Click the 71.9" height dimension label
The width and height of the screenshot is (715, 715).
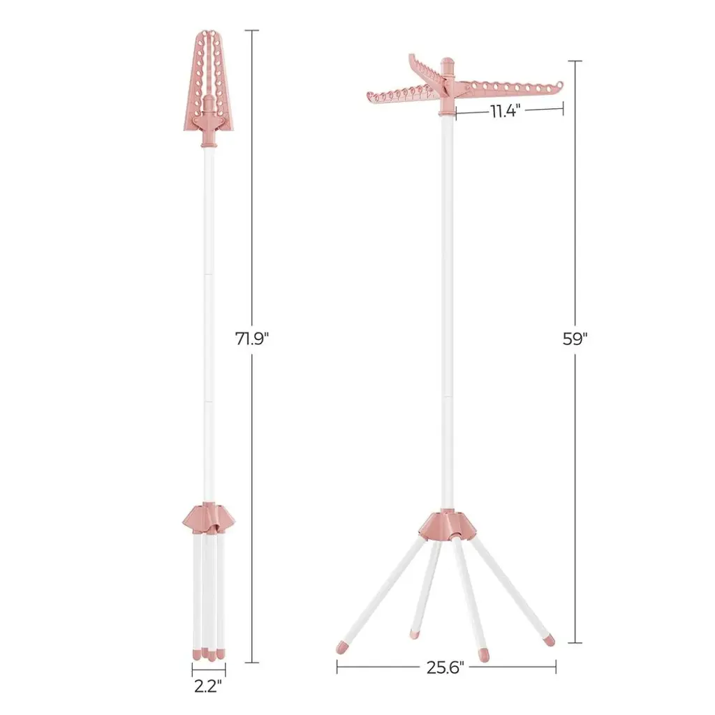point(252,339)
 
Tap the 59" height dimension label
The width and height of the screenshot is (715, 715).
point(575,339)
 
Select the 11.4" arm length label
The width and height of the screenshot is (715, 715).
point(506,111)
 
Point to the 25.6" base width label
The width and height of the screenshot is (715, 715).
point(445,668)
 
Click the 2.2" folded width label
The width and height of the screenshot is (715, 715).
point(208,686)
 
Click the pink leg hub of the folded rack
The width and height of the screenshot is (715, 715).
point(209,518)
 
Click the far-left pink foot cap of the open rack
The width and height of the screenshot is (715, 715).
point(341,647)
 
